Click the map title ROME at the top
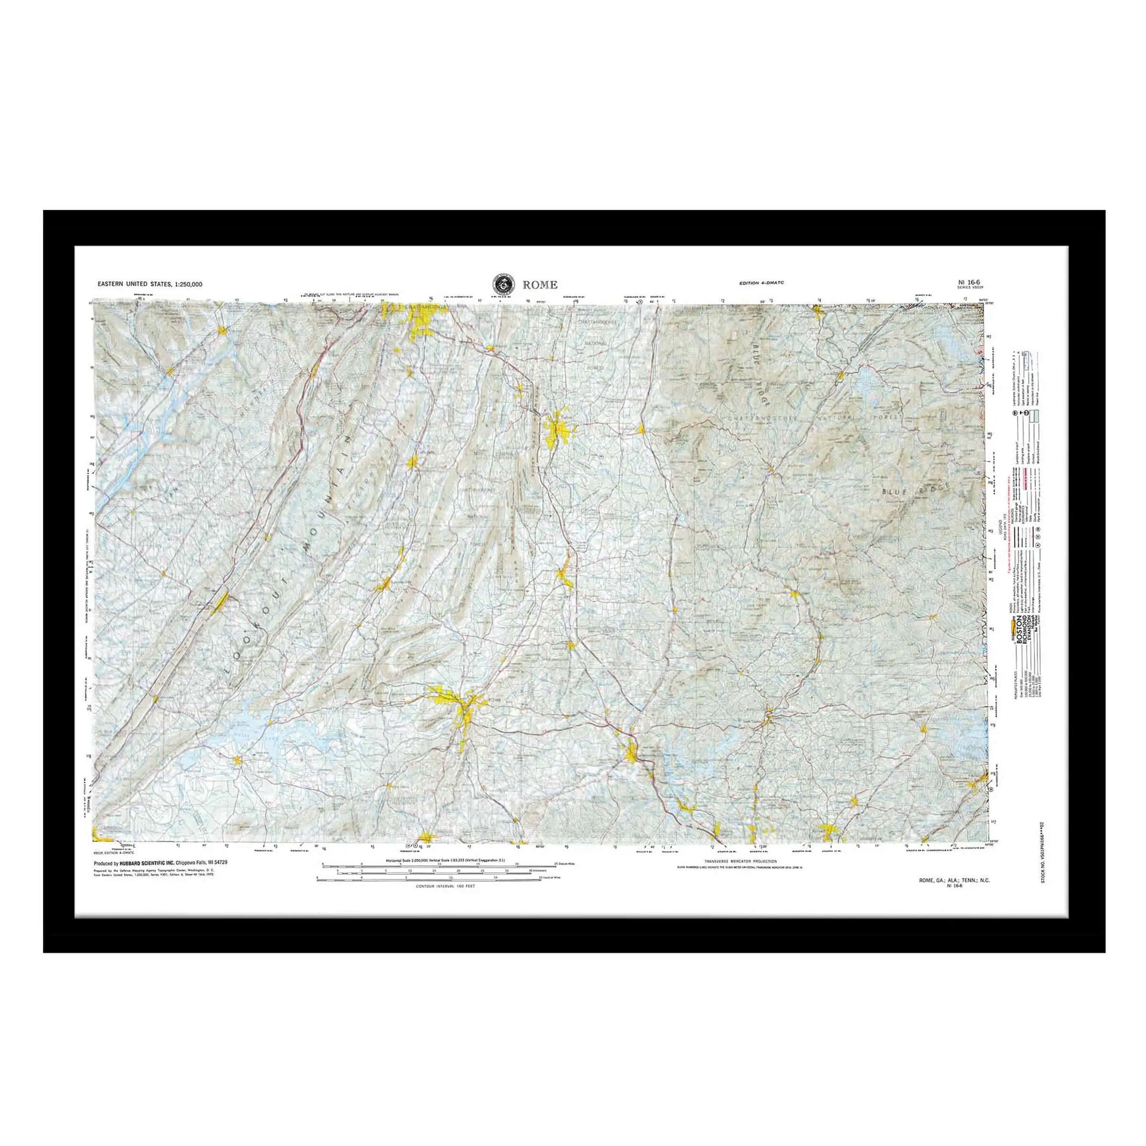pos(540,285)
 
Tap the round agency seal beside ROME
pos(503,284)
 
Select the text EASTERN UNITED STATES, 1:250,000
pos(150,284)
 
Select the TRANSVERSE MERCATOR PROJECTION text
pos(740,860)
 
